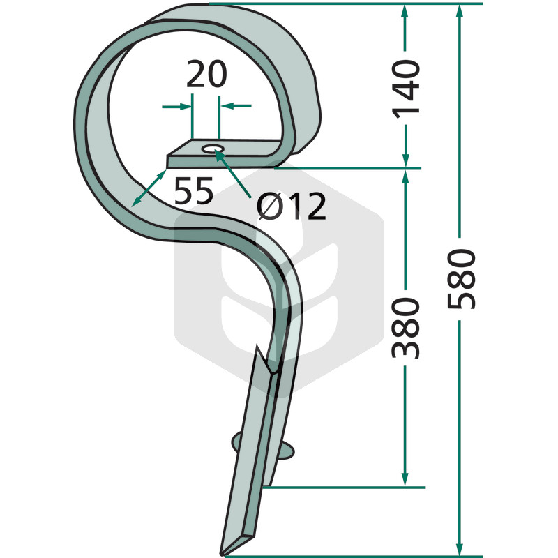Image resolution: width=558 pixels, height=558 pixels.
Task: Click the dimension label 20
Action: coord(206,74)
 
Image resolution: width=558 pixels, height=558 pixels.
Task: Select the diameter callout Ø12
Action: coord(291,206)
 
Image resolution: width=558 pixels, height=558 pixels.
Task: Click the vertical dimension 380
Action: coord(406,328)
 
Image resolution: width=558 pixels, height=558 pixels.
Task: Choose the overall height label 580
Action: coord(461,279)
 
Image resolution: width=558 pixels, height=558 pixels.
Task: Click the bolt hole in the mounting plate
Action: coord(213,149)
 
